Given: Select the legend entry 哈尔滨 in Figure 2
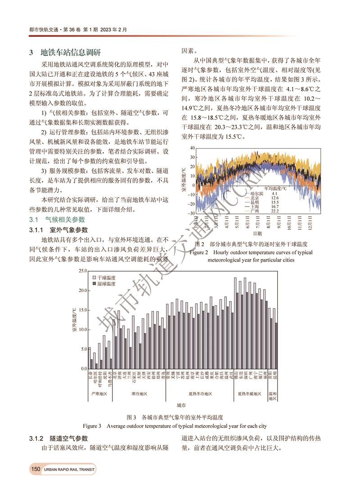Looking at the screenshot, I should pyautogui.click(x=255, y=193).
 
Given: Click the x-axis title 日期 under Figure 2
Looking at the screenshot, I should pyautogui.click(x=257, y=234).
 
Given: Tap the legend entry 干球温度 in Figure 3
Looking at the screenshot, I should pyautogui.click(x=107, y=278).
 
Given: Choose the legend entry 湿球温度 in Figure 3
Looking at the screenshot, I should pyautogui.click(x=107, y=285).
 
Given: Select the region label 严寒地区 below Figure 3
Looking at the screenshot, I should pyautogui.click(x=99, y=393).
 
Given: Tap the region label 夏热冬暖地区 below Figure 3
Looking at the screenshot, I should pyautogui.click(x=250, y=393).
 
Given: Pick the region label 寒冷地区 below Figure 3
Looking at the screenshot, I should pyautogui.click(x=139, y=393).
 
